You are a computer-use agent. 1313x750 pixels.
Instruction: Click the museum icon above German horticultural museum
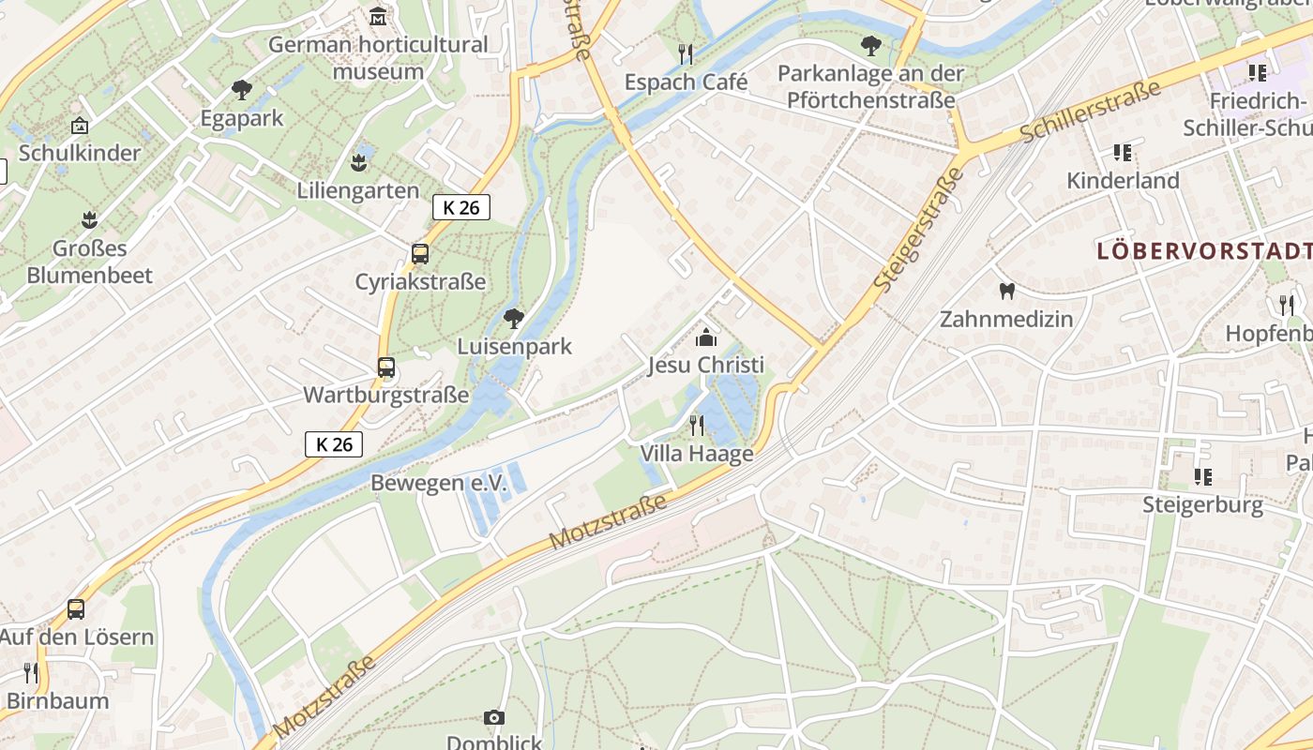pos(378,16)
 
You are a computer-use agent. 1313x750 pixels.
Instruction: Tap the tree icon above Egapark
pos(242,90)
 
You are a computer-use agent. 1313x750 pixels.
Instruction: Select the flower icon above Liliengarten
pos(358,162)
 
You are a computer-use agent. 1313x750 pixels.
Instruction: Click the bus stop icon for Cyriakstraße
pos(420,253)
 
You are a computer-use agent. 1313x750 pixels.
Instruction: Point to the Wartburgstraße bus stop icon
pos(386,367)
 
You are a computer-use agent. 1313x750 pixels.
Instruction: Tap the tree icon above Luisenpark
pos(514,319)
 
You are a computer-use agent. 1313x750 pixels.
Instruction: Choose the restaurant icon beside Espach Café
pos(687,53)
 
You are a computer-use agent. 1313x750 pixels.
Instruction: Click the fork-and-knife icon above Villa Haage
pos(697,426)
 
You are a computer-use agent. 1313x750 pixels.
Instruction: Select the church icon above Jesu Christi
pos(706,337)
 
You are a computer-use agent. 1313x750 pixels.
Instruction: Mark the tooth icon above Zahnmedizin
pos(1007,291)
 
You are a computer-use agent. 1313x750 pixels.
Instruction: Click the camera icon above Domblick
pos(494,718)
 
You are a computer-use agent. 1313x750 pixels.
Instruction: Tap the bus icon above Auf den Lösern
pos(76,609)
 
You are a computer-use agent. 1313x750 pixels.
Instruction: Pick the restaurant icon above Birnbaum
pos(31,672)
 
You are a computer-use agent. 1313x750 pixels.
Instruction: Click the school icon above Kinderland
pos(1123,152)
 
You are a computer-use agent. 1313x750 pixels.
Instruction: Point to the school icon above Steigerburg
pos(1203,477)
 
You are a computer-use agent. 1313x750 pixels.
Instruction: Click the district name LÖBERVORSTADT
pos(1204,251)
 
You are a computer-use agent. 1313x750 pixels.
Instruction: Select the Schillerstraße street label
pos(1090,112)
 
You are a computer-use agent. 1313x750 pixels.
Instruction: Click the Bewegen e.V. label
pos(439,483)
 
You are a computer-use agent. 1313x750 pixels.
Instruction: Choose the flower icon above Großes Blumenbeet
pos(89,220)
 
